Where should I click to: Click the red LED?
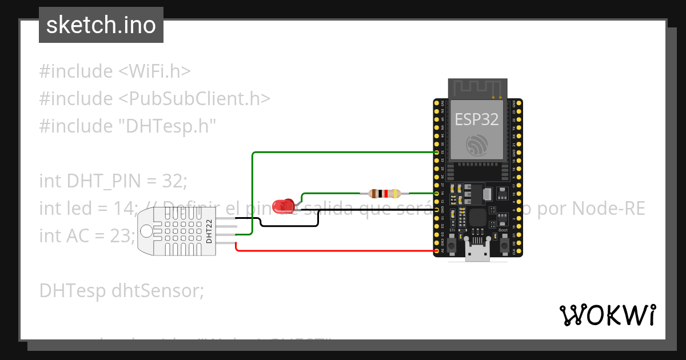(282, 206)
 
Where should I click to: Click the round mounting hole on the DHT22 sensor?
(147, 231)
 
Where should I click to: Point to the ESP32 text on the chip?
(476, 119)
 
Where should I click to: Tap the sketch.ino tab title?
(101, 25)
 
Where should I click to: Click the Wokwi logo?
(607, 315)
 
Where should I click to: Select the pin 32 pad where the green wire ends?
(437, 153)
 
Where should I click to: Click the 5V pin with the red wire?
(437, 251)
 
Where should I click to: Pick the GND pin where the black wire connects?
(437, 210)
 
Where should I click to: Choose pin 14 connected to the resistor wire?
(437, 194)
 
